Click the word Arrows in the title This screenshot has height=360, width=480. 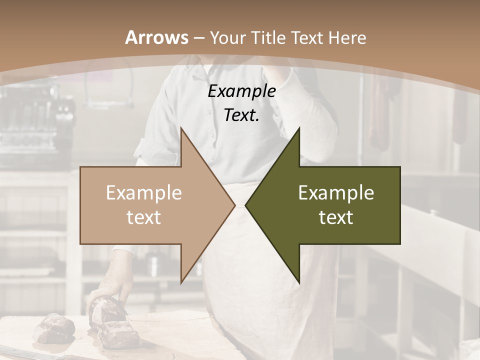click(156, 37)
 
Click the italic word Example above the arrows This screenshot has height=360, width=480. click(241, 91)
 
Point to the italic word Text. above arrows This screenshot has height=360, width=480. click(241, 115)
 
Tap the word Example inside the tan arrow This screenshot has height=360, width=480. click(144, 193)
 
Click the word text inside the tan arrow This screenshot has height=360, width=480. click(144, 217)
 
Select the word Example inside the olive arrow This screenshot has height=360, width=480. click(336, 193)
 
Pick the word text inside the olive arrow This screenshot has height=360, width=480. click(336, 217)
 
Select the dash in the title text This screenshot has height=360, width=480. click(198, 38)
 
